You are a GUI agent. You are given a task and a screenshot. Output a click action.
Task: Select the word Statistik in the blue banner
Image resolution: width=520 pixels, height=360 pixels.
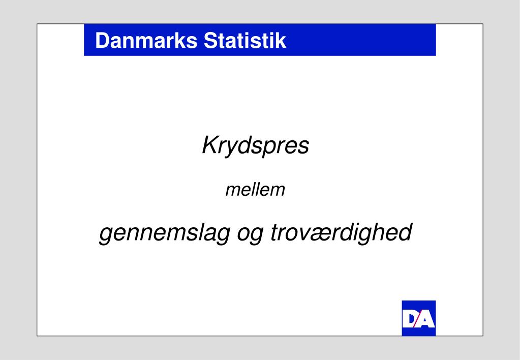(245, 41)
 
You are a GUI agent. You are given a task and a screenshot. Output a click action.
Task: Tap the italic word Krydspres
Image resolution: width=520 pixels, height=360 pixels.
(256, 146)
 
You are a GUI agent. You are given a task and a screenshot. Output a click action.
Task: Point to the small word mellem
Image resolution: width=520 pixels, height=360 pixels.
(255, 190)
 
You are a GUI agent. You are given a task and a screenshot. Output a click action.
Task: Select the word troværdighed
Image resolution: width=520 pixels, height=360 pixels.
(340, 234)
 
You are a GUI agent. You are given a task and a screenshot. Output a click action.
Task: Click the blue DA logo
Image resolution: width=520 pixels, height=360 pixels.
(419, 318)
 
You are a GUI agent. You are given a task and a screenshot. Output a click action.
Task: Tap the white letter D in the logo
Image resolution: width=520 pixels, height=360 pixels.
(410, 320)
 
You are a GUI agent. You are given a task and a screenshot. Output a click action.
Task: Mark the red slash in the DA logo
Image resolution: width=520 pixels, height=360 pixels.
(418, 319)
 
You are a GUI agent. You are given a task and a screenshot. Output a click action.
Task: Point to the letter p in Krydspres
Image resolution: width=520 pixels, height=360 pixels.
(272, 148)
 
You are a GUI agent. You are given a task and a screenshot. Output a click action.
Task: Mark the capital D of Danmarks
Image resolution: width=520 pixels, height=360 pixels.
(101, 41)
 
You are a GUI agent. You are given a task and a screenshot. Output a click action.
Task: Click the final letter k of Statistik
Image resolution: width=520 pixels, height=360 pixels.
(282, 41)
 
